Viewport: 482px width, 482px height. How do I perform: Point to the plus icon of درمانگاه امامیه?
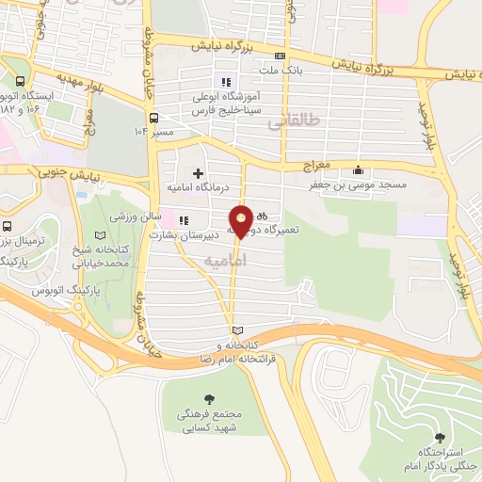coord(198,173)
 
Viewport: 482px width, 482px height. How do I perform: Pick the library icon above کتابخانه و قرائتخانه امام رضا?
coord(237,329)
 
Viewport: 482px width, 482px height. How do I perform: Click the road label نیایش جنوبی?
coord(56,172)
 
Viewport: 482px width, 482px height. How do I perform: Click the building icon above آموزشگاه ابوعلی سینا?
coord(225,79)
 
